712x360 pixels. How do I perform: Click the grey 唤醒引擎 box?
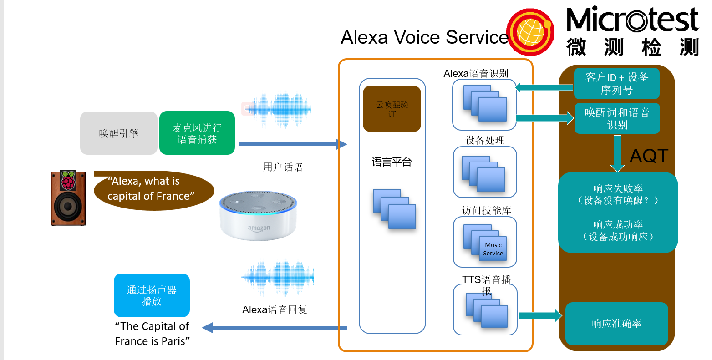coord(119,133)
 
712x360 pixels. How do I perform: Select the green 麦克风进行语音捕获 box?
coord(197,133)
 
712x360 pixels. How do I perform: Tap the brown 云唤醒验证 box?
coord(392,109)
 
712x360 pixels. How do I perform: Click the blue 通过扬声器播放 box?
coord(152,295)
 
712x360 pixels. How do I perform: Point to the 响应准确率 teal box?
coord(616,324)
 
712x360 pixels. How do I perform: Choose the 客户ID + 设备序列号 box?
coord(616,83)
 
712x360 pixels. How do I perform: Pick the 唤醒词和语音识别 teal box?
coord(617,118)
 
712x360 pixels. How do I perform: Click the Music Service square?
coord(493,249)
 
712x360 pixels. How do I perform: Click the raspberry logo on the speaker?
coord(68,180)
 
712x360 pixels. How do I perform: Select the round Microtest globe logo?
coord(530,32)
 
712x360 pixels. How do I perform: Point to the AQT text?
coord(649,156)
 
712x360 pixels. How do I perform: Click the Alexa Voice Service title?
coord(424,37)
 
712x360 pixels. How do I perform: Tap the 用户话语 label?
coord(283,167)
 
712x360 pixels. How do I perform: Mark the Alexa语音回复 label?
coord(275,310)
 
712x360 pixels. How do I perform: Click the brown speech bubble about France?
coord(153,190)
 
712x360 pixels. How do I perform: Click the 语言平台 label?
coord(392,162)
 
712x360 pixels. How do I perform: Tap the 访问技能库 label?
coord(486,210)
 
